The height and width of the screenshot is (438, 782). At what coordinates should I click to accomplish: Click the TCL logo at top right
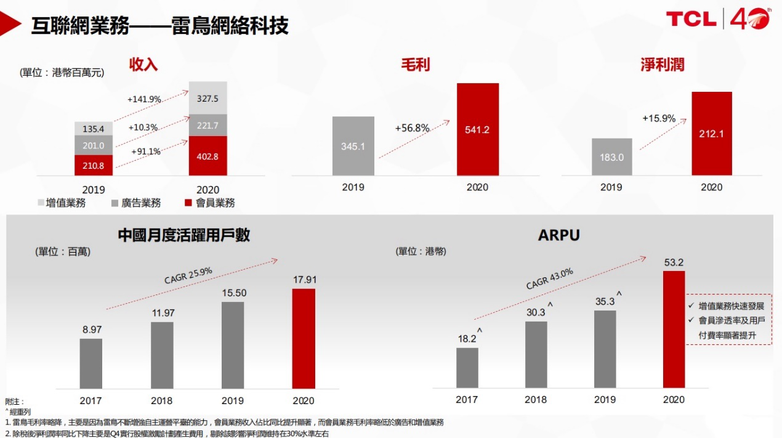691,19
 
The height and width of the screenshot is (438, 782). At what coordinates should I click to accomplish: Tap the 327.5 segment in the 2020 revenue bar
208,98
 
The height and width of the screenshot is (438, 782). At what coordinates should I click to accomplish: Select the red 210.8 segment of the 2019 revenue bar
94,165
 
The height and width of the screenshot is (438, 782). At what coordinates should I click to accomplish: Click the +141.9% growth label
144,99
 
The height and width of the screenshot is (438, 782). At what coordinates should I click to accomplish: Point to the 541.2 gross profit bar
477,130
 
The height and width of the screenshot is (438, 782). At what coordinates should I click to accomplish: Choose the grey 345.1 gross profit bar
353,147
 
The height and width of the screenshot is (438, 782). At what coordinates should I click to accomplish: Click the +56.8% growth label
411,128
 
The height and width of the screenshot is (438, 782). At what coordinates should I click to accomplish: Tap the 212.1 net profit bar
711,134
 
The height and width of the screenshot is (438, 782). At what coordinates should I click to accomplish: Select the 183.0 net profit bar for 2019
611,157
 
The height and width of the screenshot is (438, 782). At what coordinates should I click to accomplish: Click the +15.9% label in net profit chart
659,118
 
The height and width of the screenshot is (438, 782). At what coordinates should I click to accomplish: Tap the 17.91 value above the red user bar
303,280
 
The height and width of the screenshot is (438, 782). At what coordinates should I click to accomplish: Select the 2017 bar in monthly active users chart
91,363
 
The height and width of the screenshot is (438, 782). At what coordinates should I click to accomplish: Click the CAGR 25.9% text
188,275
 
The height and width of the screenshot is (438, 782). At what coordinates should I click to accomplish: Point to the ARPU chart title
558,235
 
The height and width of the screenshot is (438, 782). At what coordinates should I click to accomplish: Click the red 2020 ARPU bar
673,329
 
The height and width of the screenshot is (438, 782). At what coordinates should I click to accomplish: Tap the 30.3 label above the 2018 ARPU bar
536,312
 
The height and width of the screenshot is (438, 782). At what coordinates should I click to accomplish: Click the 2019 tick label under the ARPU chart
605,400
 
